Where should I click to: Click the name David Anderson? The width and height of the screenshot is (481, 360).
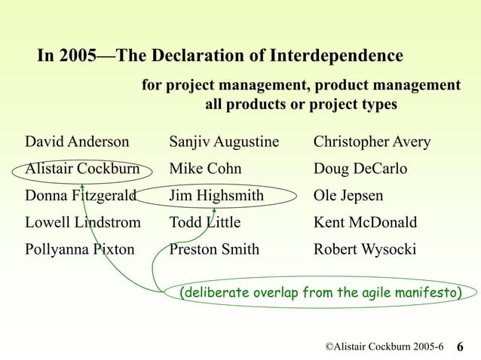pos(77,142)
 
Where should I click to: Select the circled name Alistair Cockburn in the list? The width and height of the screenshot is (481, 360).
pos(83,169)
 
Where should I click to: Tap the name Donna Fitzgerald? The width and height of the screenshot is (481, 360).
pos(81,197)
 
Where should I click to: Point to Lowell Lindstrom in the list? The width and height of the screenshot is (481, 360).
pos(83,223)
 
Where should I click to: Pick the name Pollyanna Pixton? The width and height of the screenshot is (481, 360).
pos(80,249)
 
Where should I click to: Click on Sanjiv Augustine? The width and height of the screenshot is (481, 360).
pos(224,142)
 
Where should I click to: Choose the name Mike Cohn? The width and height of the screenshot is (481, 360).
pos(205,169)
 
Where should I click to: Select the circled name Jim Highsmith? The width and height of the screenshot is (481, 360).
pos(216,197)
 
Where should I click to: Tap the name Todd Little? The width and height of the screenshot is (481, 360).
pos(204,223)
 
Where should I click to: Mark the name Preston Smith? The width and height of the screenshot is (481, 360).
pos(214,249)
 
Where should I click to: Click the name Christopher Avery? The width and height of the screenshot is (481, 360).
pos(372,142)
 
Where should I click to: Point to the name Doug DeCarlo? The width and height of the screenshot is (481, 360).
pos(360,169)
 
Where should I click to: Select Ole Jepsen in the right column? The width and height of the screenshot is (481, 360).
pos(348,197)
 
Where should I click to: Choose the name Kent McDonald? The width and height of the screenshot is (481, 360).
pos(365,223)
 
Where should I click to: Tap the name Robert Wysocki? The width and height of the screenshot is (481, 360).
pos(364,249)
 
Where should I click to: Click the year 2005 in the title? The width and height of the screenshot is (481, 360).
pos(78,56)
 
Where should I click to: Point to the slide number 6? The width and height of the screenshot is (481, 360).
pos(461,346)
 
